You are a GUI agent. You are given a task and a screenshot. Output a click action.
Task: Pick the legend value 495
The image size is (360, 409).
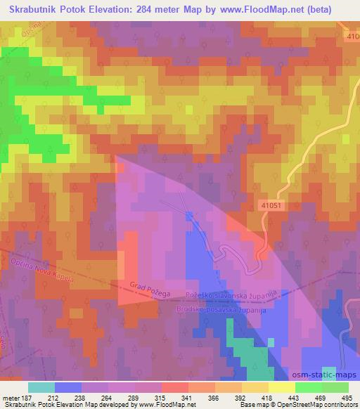pyautogui.click(x=347, y=397)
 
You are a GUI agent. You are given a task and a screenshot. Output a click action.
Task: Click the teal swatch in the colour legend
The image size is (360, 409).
pyautogui.click(x=41, y=387)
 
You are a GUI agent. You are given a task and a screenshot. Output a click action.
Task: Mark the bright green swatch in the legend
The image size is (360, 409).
pyautogui.click(x=308, y=387)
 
